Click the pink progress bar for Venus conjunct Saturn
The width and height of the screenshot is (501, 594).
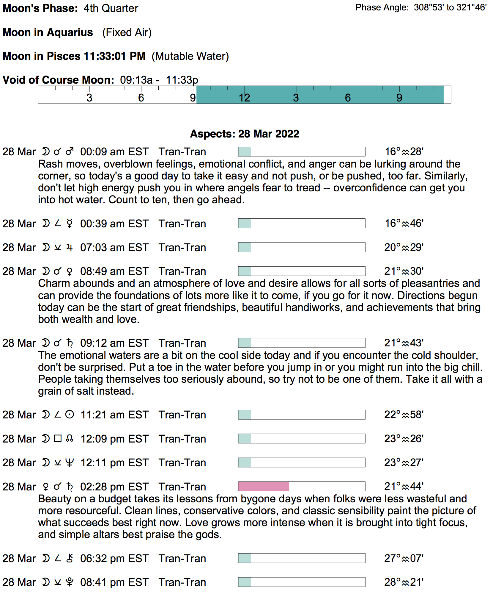pos(264,486)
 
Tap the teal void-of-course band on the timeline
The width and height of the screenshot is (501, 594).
pos(320,95)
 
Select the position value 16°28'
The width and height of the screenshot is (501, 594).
pos(404,152)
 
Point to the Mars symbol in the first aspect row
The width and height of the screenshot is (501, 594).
pos(70,151)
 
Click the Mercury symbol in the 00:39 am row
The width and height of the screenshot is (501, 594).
pos(70,223)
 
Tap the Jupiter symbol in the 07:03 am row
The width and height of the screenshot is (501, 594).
pos(70,247)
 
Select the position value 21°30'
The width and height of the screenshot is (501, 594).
pos(404,271)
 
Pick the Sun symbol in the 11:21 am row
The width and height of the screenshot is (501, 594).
pos(70,415)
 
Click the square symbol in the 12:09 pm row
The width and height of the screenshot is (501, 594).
pos(58,439)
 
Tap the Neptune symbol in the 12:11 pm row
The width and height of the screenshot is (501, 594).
pos(70,462)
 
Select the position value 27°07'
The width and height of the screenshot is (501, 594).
pos(404,558)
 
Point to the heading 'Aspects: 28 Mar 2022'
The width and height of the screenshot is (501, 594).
pos(245,134)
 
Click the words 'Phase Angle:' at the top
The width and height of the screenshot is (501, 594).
pos(382,7)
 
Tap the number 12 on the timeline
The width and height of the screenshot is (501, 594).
pos(244,98)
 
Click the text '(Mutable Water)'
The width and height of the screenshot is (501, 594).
pos(190,56)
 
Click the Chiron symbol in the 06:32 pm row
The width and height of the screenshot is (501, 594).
pos(70,558)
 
